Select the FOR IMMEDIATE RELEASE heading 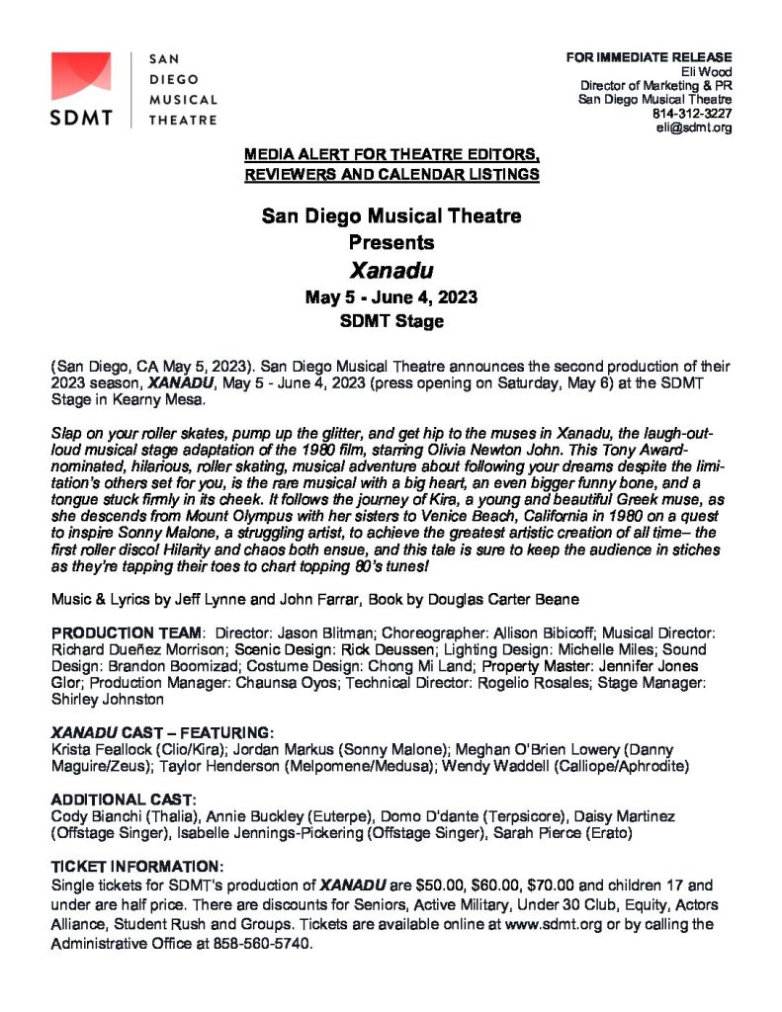(649, 56)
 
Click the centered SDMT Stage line (391, 321)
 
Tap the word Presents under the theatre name (391, 241)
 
